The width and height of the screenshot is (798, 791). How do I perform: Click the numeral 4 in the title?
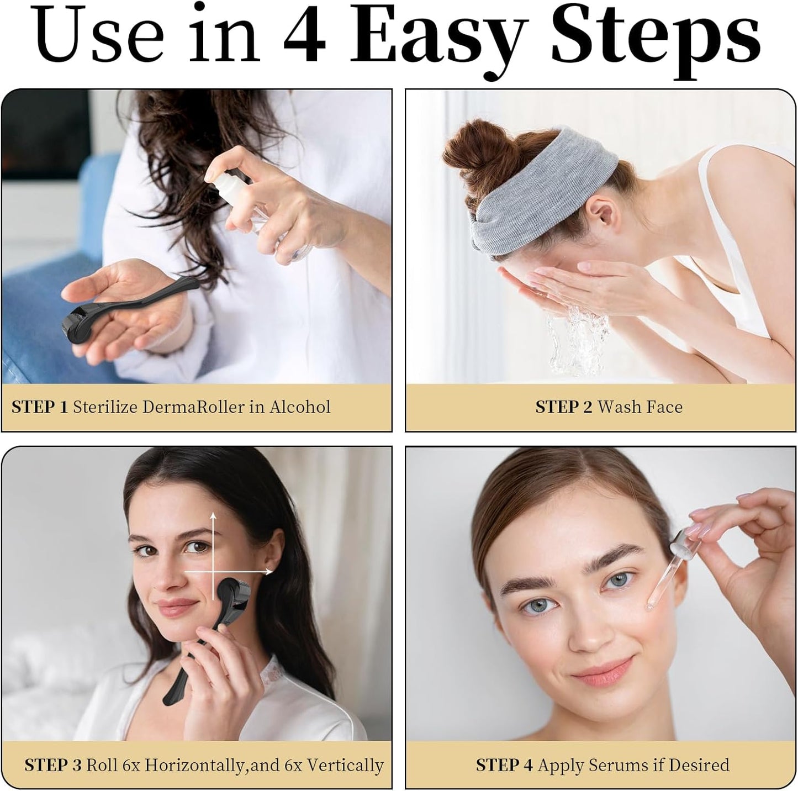[x=305, y=39]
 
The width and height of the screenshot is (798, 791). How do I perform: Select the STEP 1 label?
[x=40, y=407]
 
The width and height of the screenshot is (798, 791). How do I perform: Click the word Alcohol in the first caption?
[x=300, y=407]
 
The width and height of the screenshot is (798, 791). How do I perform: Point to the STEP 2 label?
[x=564, y=407]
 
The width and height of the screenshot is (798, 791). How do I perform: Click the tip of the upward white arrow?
[x=213, y=513]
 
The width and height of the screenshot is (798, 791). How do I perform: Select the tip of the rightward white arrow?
[x=272, y=572]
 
